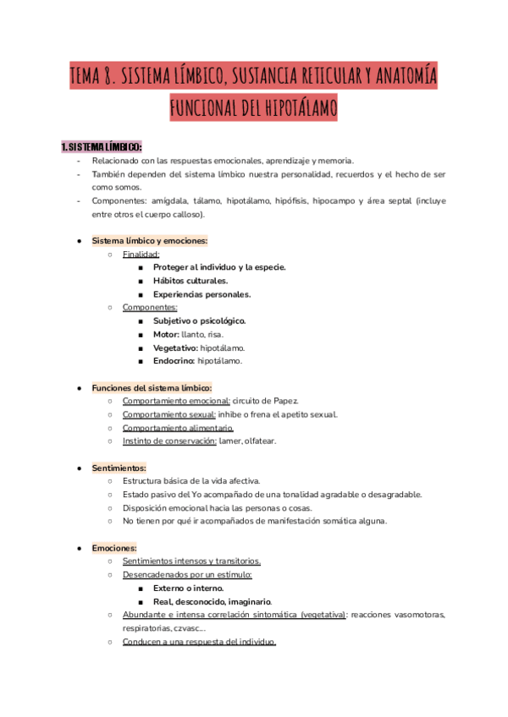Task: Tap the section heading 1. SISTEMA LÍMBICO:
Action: (102, 147)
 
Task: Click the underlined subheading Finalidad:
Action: (141, 254)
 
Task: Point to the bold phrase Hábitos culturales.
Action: (190, 281)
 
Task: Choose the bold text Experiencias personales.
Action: (202, 294)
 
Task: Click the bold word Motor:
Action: (167, 335)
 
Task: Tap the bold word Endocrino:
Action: (174, 361)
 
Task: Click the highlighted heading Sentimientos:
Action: (119, 468)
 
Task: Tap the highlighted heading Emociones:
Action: (114, 548)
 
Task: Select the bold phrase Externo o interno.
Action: (188, 588)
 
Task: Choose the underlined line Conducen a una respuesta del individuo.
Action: (199, 642)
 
